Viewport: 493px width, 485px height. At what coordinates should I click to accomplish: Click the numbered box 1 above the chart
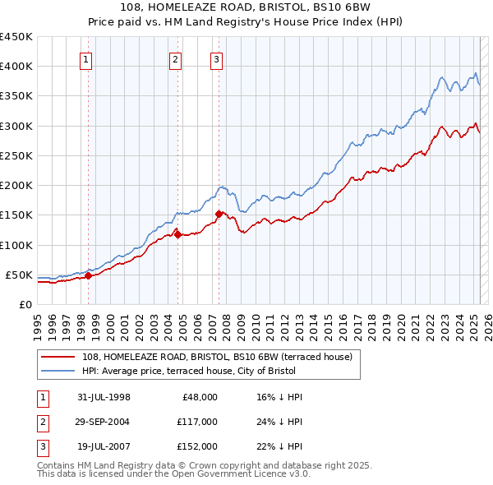(x=86, y=58)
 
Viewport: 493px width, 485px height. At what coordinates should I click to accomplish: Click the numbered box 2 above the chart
(x=176, y=58)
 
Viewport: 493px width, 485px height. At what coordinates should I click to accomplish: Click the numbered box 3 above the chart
(x=216, y=58)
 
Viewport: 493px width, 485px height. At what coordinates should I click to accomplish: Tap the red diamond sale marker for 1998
(x=88, y=276)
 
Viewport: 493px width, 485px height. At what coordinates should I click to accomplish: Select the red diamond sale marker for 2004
(x=177, y=235)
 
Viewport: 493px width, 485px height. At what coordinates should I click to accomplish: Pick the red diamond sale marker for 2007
(x=219, y=214)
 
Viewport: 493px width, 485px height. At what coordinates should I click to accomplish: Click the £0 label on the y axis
(x=25, y=304)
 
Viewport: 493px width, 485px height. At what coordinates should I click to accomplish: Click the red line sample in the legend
(x=59, y=357)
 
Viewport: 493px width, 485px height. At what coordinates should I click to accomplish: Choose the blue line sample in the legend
(x=59, y=371)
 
